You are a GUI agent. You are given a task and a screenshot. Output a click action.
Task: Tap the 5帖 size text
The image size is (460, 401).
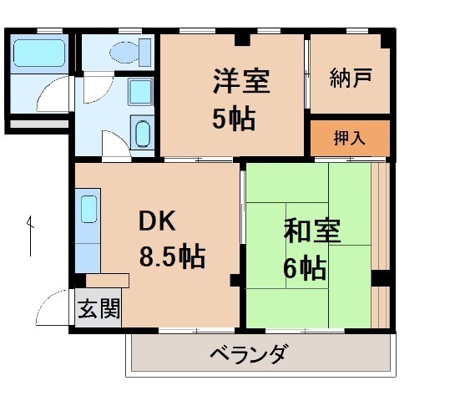pyautogui.click(x=233, y=119)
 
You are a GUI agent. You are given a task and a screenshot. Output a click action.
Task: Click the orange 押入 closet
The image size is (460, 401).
pyautogui.click(x=350, y=138)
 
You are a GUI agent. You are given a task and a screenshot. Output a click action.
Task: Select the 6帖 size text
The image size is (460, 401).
pyautogui.click(x=303, y=268)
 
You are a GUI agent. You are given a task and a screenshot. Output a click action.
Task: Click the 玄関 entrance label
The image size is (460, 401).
pyautogui.click(x=99, y=310)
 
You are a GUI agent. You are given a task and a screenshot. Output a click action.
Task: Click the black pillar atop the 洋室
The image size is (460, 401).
pyautogui.click(x=241, y=38)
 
